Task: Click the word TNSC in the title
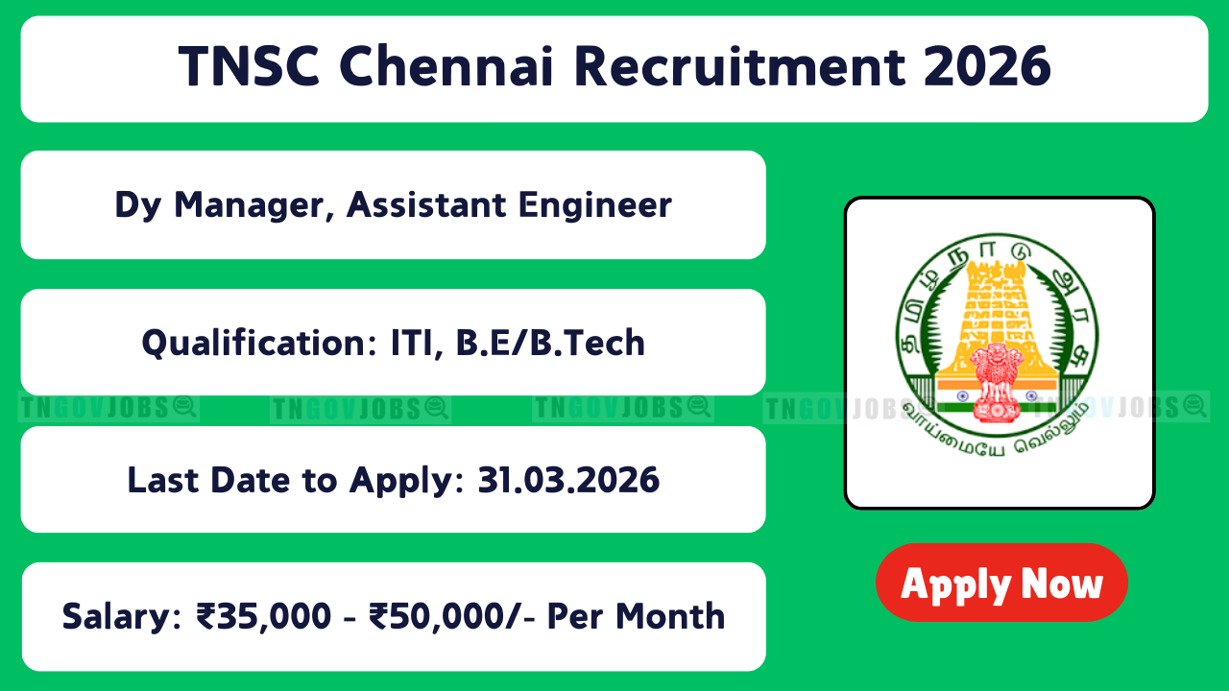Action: click(x=249, y=66)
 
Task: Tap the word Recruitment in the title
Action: click(x=739, y=66)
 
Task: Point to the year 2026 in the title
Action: click(x=987, y=66)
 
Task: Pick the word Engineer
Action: click(x=595, y=206)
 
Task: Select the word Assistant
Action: click(x=426, y=205)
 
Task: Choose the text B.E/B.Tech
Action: click(x=550, y=343)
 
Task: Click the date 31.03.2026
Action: click(x=568, y=480)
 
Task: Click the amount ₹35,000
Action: click(x=264, y=616)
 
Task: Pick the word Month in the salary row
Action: click(x=670, y=616)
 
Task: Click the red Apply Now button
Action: click(x=1001, y=583)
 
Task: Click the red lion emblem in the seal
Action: click(x=997, y=382)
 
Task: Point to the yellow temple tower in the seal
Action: click(x=997, y=318)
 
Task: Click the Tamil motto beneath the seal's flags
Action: click(x=996, y=433)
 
